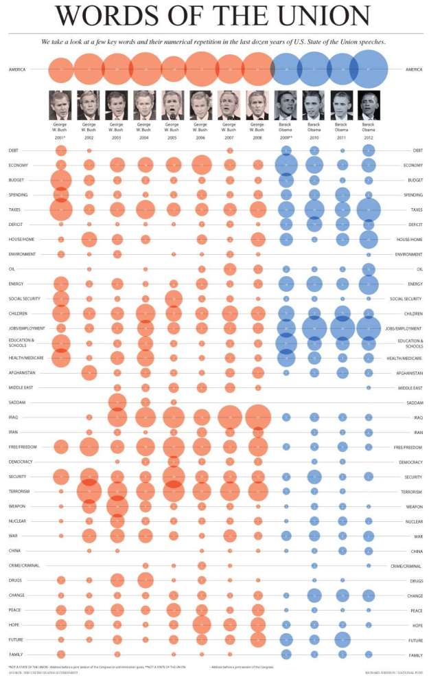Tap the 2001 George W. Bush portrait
coord(60,105)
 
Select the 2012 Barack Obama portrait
coord(369,105)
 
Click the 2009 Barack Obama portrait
coord(286,105)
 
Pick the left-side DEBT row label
coord(14,150)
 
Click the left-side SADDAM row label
coord(17,402)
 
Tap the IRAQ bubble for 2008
coord(257,417)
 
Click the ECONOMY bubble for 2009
coord(286,165)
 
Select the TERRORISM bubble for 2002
coord(89,491)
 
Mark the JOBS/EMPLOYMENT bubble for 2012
coord(369,328)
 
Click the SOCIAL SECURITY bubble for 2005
coord(173,299)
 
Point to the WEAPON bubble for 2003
coord(117,506)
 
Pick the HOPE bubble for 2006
coord(201,624)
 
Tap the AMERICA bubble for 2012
coord(369,69)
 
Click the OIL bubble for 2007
coord(229,269)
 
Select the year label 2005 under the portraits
coord(173,137)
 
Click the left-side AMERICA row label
coord(18,69)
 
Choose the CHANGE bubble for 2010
coord(314,595)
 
